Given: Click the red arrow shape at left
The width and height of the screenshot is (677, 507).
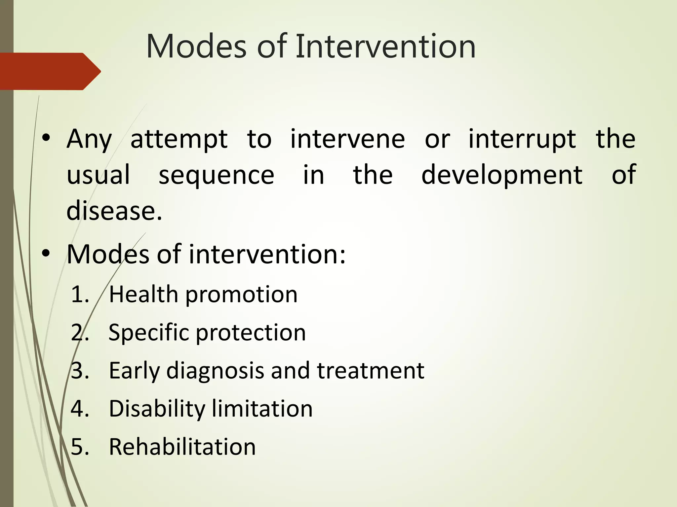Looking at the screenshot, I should click(x=50, y=71).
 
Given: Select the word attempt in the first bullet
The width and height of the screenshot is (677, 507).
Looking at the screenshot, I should click(x=179, y=139).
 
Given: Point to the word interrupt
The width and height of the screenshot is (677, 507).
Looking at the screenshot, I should click(x=522, y=139).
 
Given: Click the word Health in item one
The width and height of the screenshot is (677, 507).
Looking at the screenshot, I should click(x=143, y=294).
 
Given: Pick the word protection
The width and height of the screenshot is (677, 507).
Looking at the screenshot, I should click(x=251, y=333).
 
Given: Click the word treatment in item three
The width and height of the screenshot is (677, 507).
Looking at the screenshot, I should click(x=371, y=370).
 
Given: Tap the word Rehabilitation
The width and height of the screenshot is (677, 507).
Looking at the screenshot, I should click(x=182, y=447).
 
